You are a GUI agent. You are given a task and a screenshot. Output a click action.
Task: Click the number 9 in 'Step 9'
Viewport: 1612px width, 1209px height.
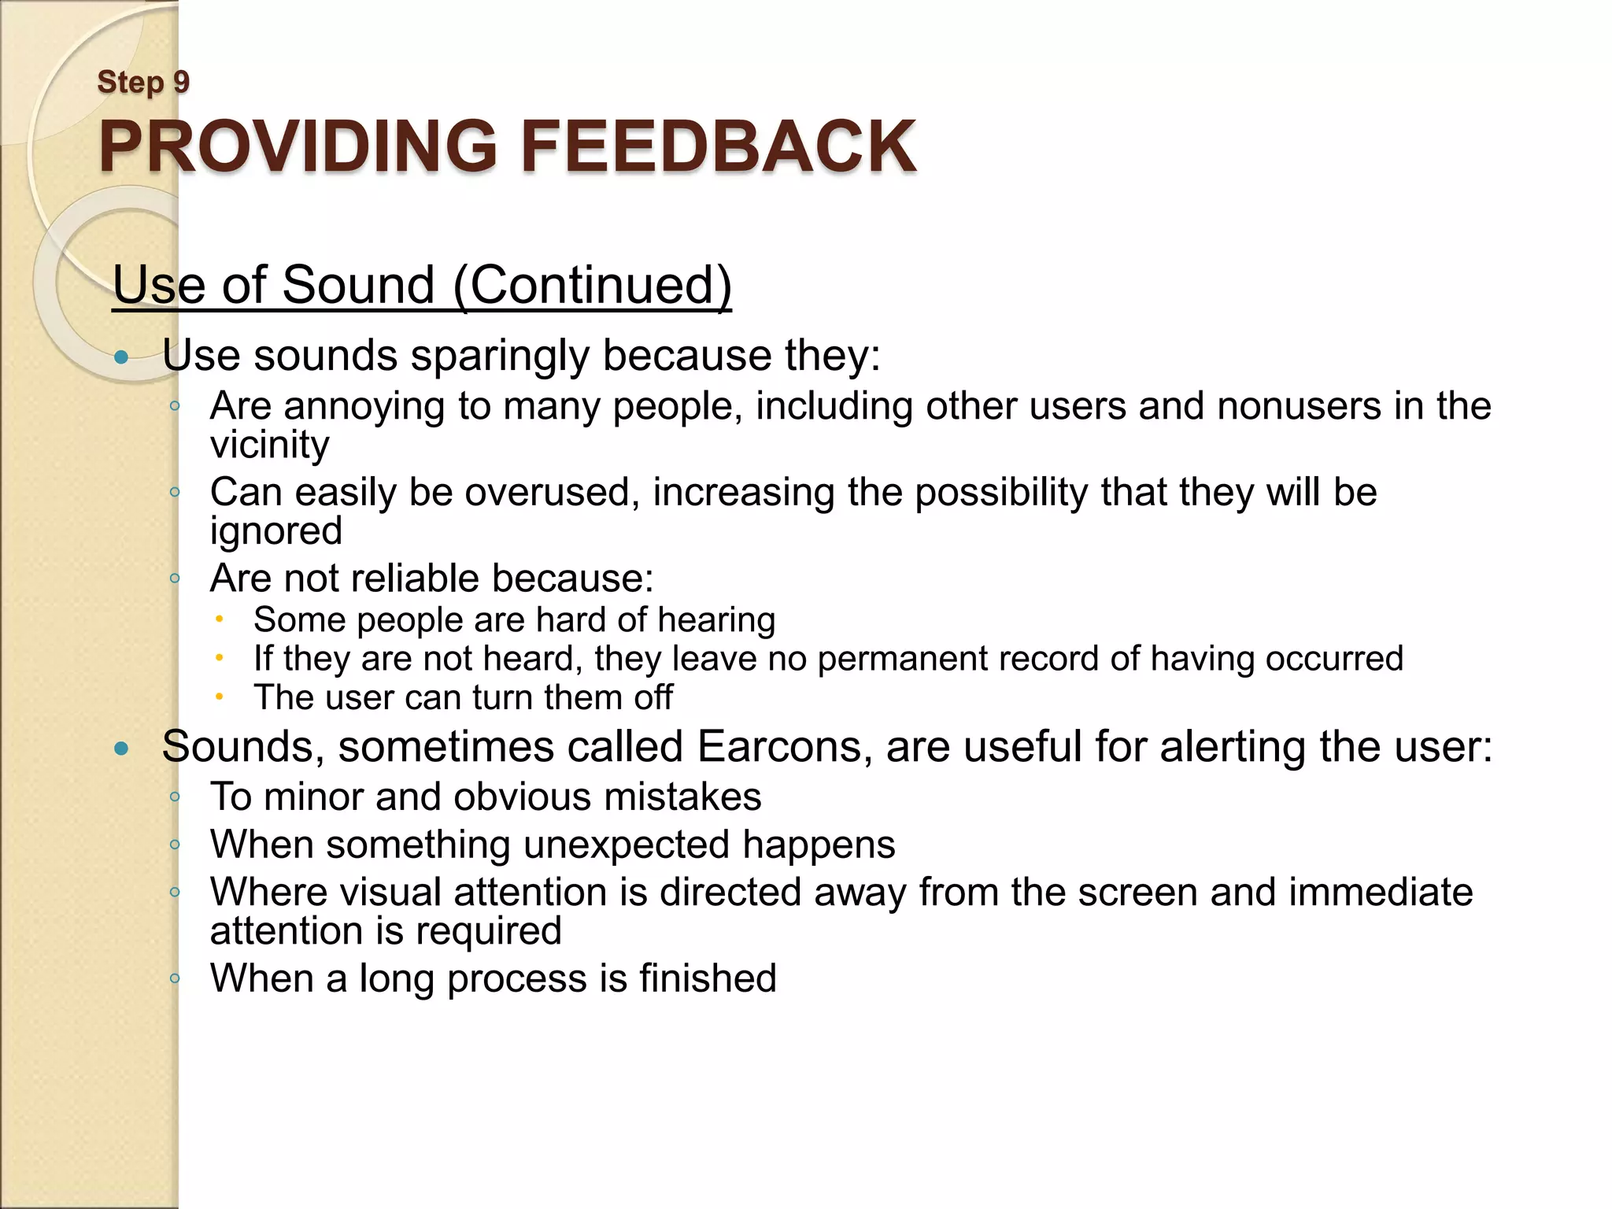[x=181, y=82]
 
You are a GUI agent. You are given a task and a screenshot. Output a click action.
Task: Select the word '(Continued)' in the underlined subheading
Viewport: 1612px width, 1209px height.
[x=593, y=285]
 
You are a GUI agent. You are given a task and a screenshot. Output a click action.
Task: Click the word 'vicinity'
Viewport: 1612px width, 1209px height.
[x=269, y=446]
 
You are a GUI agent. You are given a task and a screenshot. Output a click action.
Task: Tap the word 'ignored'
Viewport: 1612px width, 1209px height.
[x=275, y=531]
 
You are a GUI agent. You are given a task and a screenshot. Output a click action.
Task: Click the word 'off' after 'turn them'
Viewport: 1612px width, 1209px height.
[x=655, y=697]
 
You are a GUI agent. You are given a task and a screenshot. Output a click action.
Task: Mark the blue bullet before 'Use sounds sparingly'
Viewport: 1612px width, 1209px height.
[x=120, y=358]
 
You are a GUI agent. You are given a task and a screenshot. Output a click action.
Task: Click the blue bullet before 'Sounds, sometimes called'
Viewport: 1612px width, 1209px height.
[x=120, y=749]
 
